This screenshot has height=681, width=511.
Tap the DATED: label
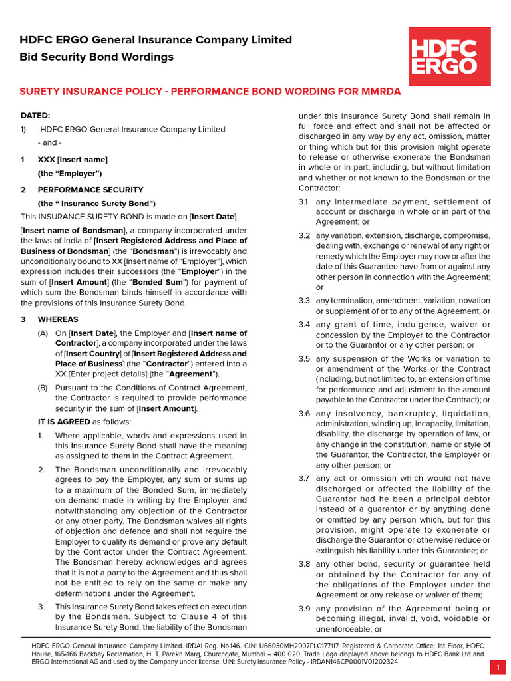35,116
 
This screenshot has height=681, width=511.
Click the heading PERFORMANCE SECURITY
81,190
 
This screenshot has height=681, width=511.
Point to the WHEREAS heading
58,319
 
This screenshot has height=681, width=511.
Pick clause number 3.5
304,359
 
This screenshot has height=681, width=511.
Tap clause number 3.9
304,609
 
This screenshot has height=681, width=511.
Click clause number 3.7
304,478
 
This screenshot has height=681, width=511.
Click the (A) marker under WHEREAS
43,333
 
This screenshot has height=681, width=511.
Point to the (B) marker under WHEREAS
43,388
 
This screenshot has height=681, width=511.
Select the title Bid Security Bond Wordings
96,57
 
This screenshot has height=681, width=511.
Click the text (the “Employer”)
70,174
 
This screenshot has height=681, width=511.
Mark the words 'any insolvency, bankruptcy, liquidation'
403,414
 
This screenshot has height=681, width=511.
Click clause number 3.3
304,301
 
